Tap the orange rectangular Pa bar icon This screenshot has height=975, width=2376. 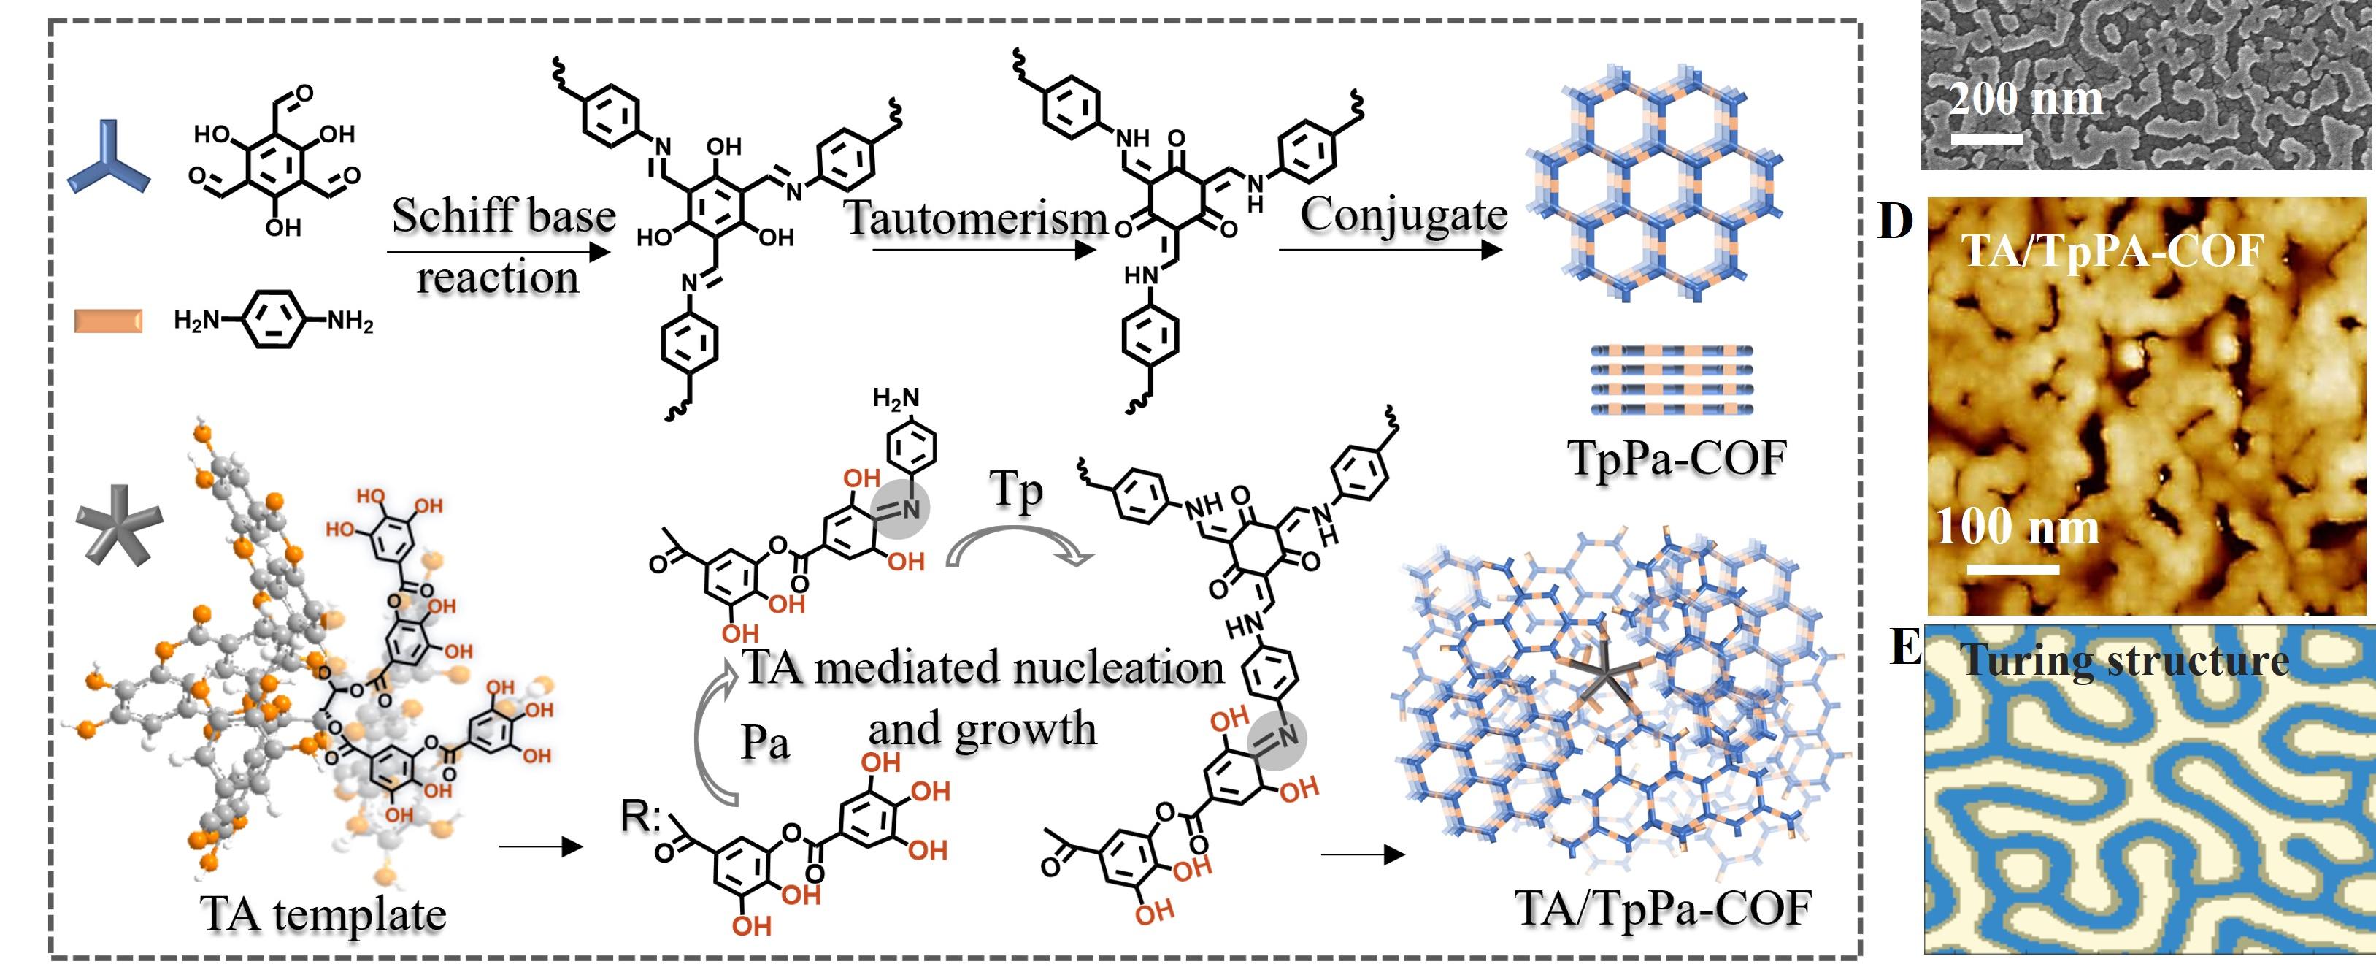pyautogui.click(x=108, y=320)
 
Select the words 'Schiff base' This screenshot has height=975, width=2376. pyautogui.click(x=504, y=215)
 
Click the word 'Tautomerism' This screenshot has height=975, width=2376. pyautogui.click(x=976, y=218)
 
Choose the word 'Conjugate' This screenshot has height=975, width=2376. pyautogui.click(x=1403, y=214)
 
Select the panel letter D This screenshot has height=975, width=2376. pyautogui.click(x=1896, y=221)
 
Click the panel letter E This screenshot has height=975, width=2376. pyautogui.click(x=1903, y=648)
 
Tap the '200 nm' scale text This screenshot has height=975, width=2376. pyautogui.click(x=2026, y=99)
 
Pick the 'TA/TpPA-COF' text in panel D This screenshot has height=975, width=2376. pyautogui.click(x=2112, y=250)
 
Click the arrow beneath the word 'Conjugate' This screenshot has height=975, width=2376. pyautogui.click(x=1390, y=249)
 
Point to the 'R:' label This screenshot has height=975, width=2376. pyautogui.click(x=640, y=815)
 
